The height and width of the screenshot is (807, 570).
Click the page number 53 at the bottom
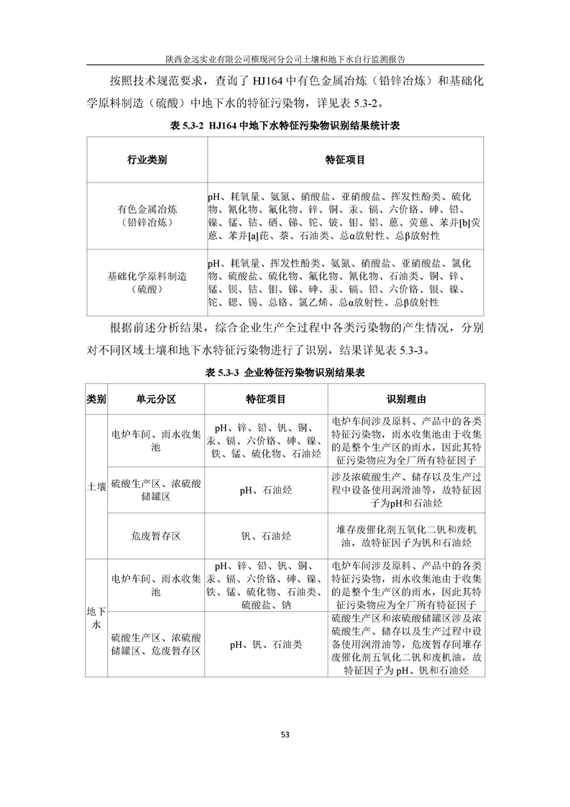click(x=285, y=734)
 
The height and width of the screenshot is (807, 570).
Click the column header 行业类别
click(x=147, y=160)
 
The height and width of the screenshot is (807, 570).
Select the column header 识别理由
click(x=406, y=398)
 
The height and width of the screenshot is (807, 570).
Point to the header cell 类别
click(x=96, y=398)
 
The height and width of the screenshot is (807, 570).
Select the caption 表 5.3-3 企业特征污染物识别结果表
click(x=285, y=373)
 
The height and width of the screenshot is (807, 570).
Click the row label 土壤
click(x=96, y=486)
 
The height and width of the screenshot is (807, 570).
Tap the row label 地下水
click(x=96, y=618)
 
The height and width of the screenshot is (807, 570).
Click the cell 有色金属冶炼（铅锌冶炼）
click(x=147, y=216)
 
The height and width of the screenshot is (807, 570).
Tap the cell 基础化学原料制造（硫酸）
click(x=147, y=283)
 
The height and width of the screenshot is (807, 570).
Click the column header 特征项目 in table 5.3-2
click(x=345, y=160)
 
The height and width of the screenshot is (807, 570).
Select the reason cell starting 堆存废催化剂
click(x=406, y=536)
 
